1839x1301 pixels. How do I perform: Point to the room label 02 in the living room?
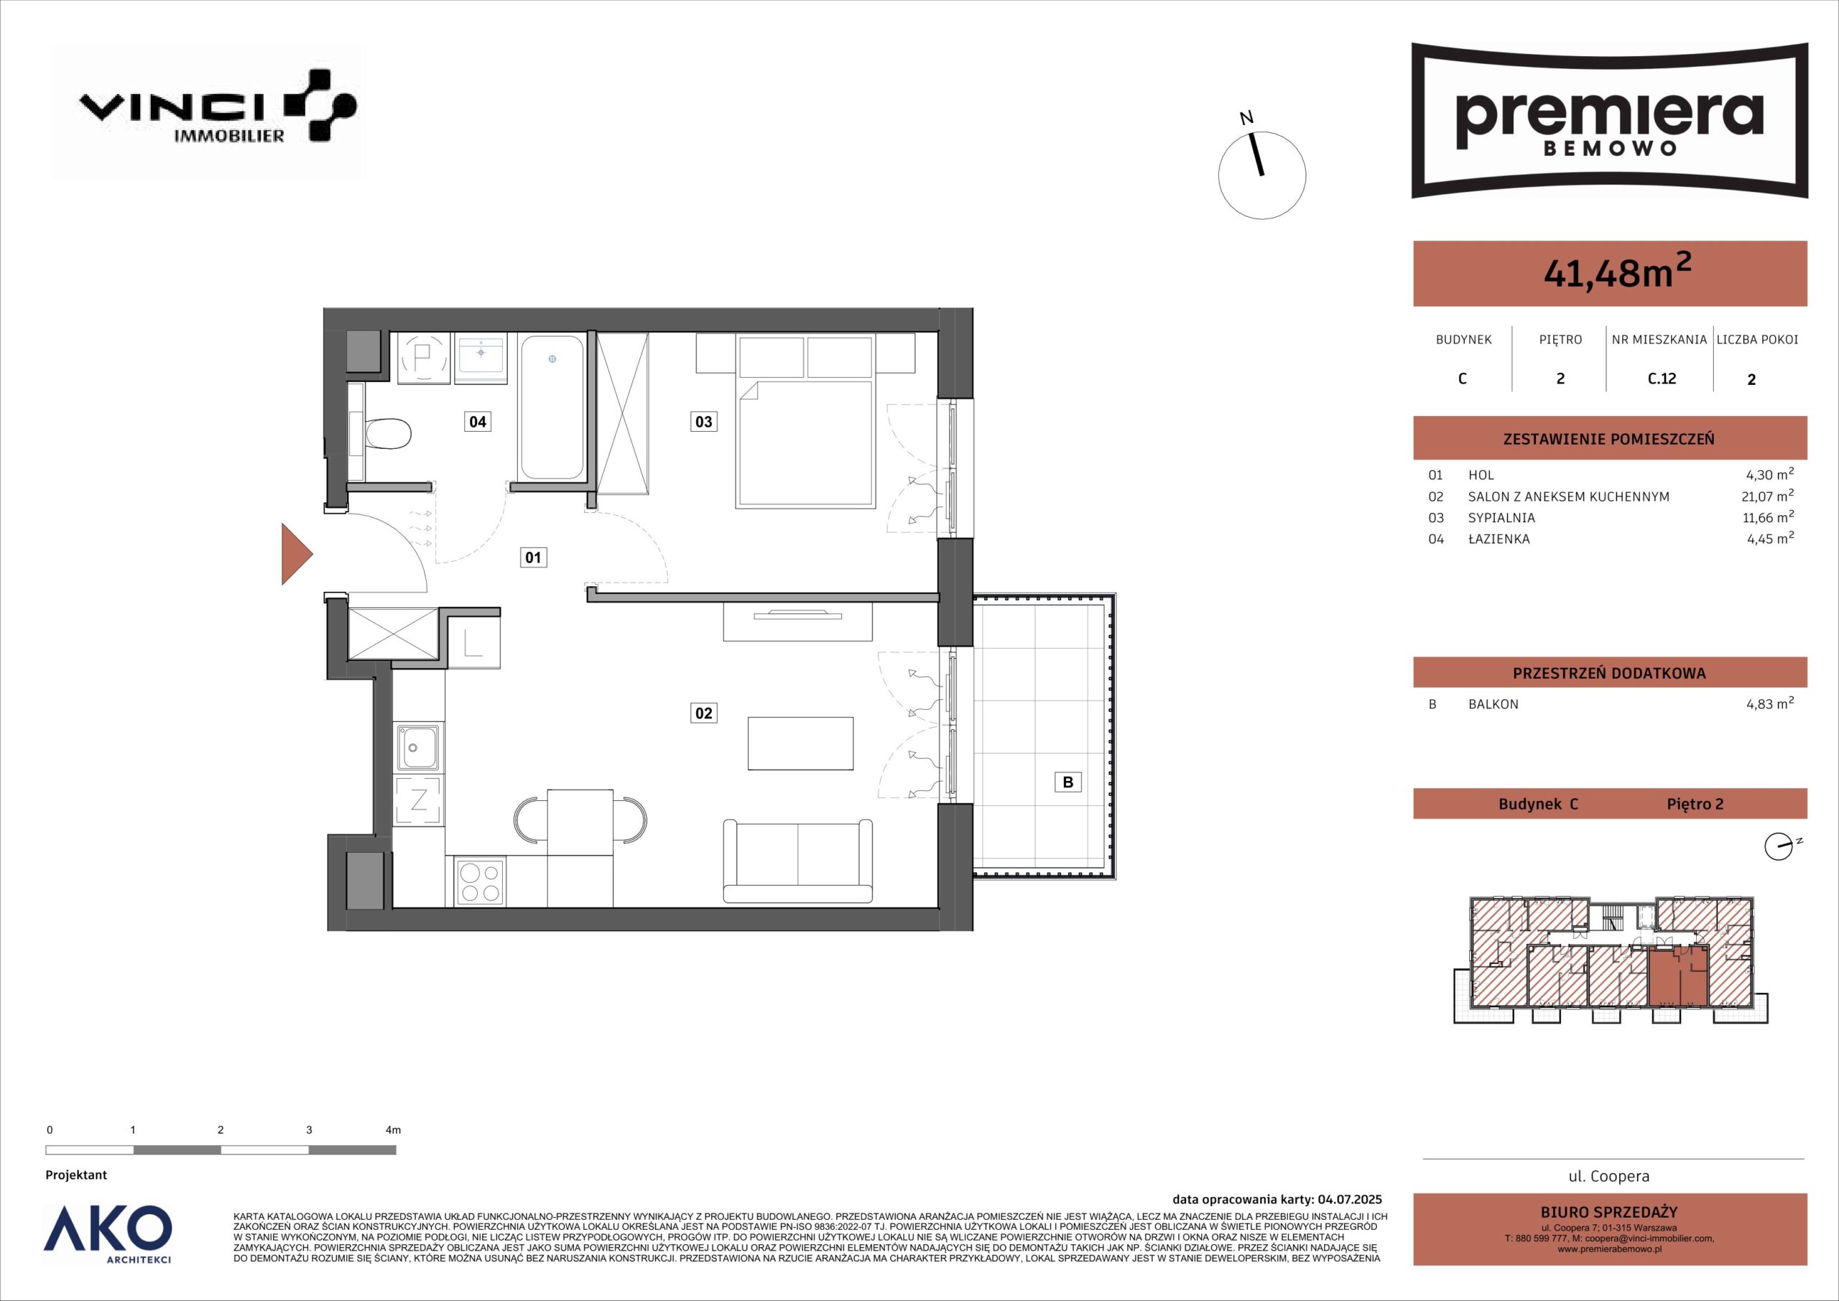click(703, 712)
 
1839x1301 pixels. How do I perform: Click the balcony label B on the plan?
click(1067, 782)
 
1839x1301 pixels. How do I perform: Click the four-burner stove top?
click(480, 881)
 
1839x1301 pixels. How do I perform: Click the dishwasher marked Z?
click(418, 800)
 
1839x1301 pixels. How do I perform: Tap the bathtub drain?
click(552, 360)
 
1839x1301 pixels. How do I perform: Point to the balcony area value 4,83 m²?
click(1770, 703)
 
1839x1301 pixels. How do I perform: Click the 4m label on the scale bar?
click(392, 1130)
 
